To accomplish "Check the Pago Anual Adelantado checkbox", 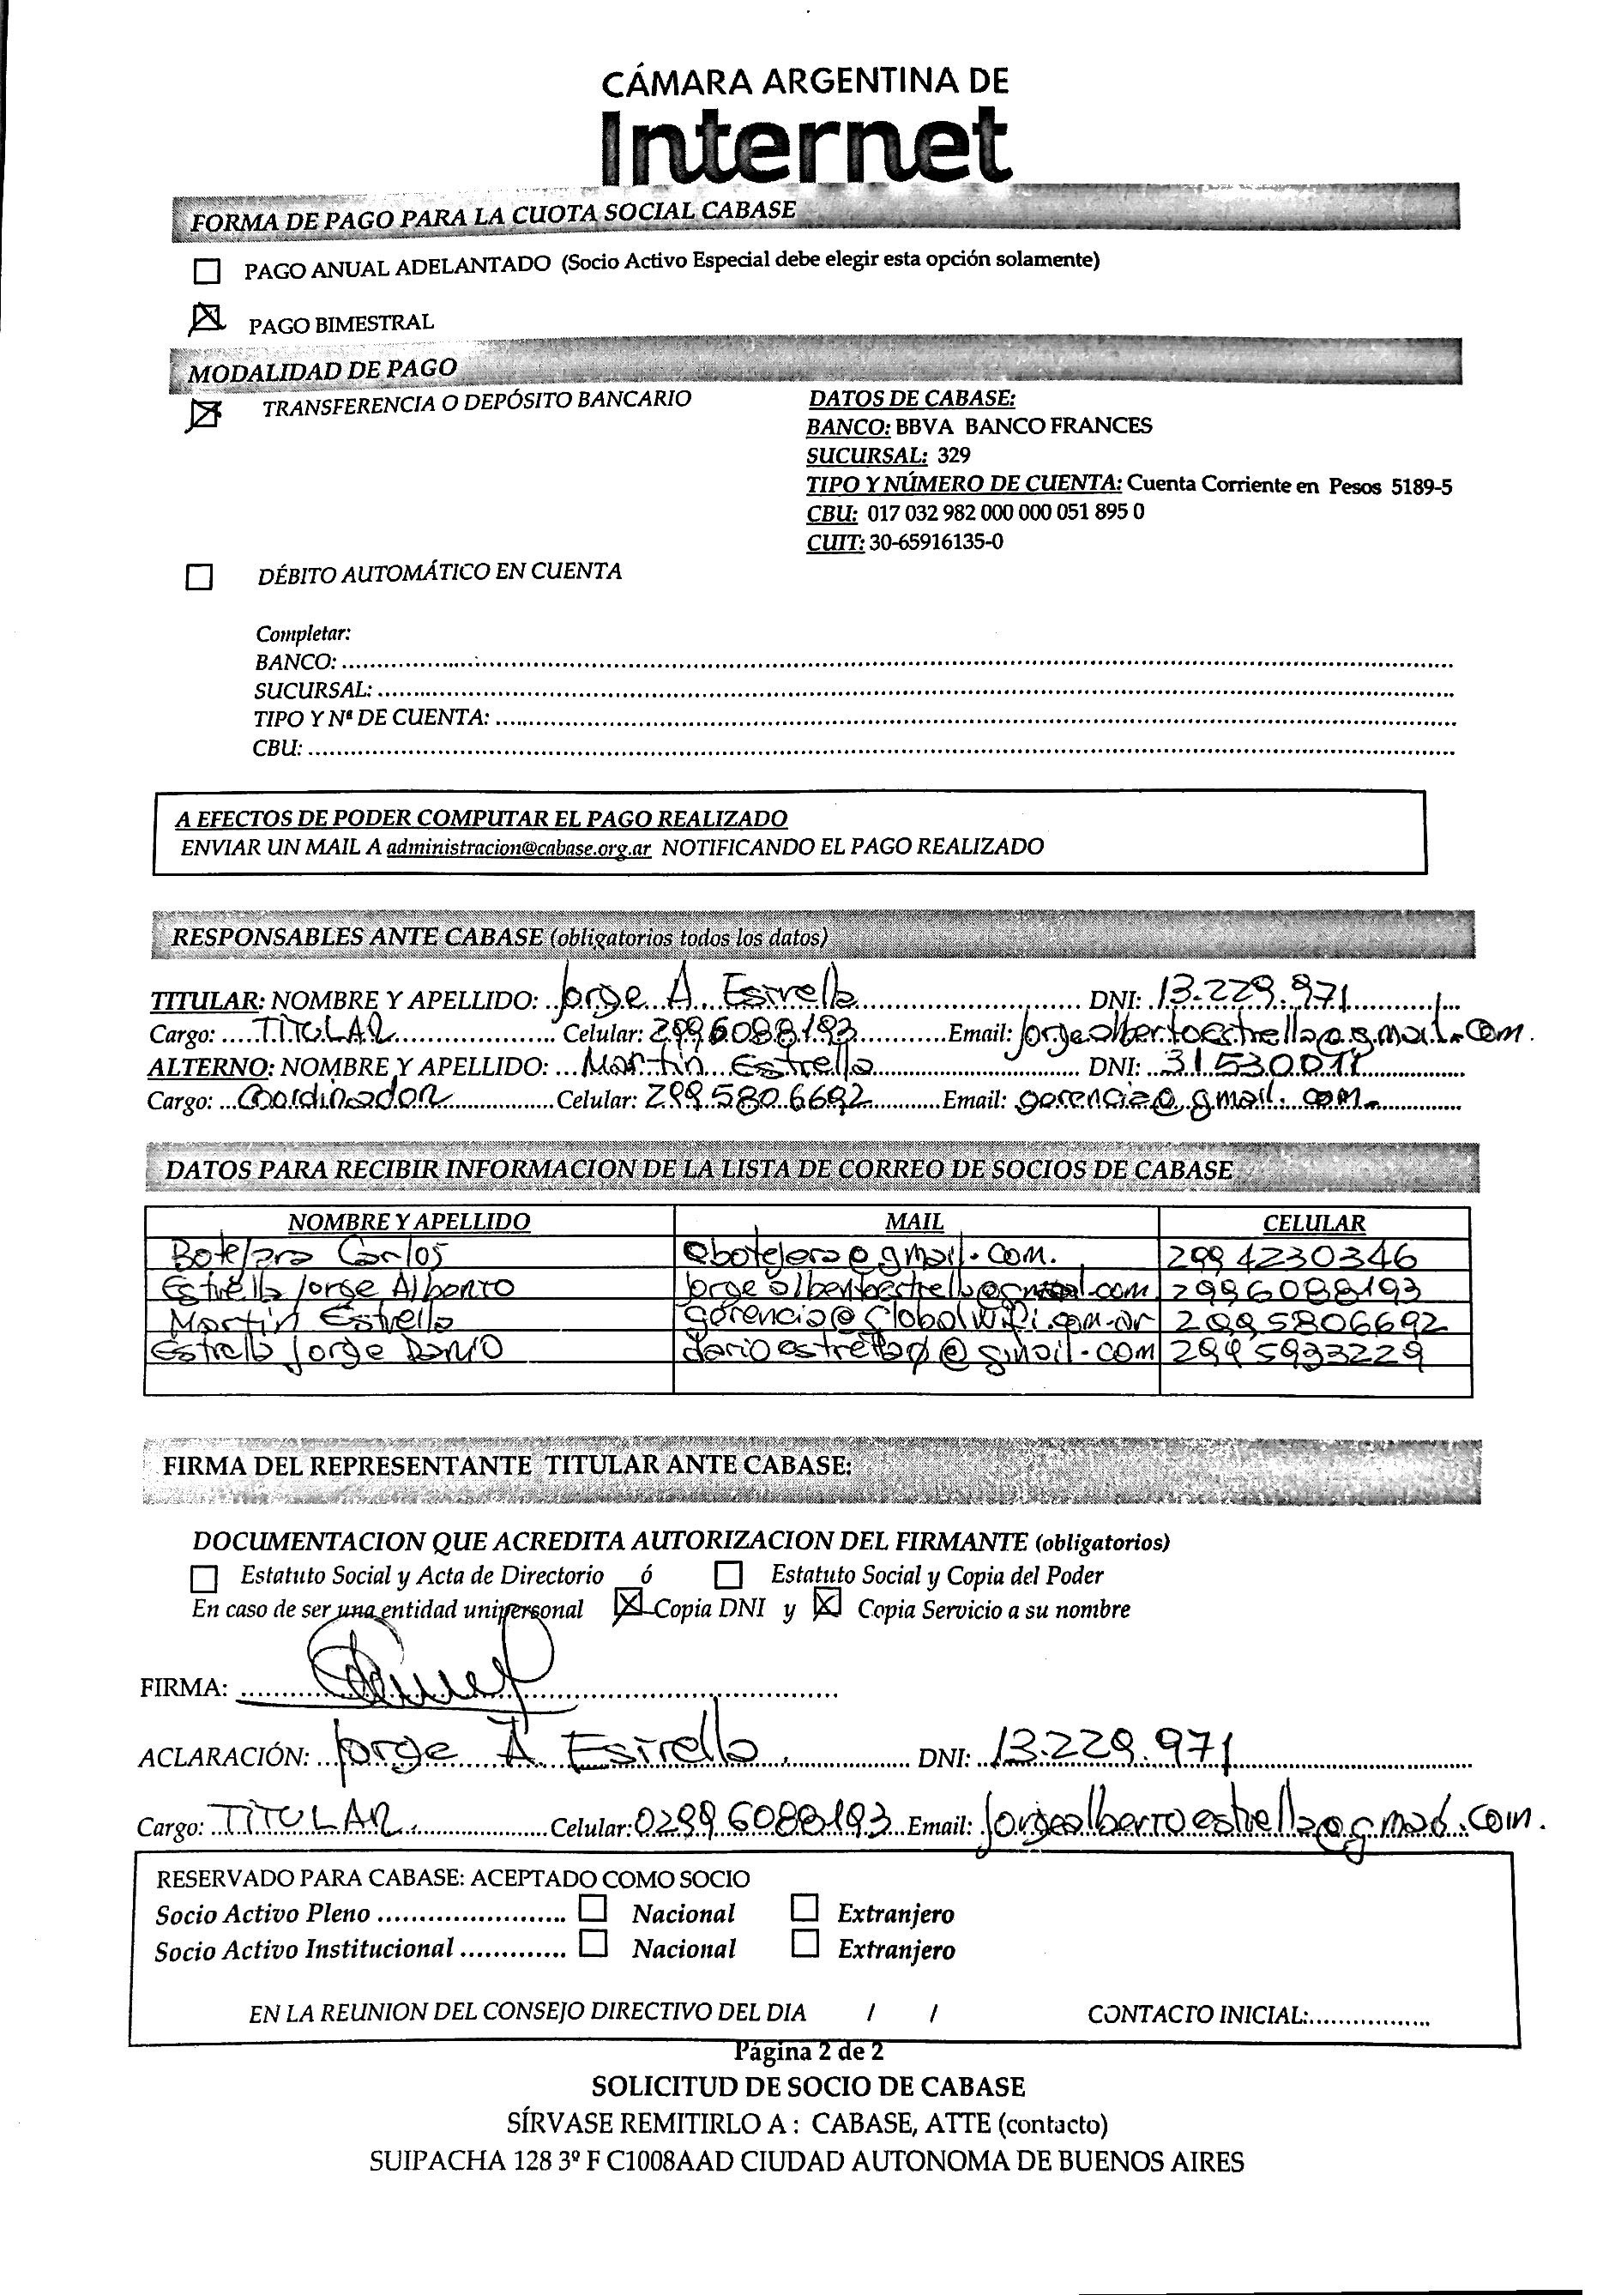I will [x=207, y=271].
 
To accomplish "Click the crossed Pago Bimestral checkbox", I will [x=207, y=317].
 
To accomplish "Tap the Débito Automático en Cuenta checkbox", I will [x=200, y=577].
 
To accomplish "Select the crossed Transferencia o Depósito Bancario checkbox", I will [x=205, y=414].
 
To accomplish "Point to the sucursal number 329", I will [x=955, y=456].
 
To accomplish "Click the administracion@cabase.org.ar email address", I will [x=519, y=848].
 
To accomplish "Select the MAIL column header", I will [x=913, y=1222].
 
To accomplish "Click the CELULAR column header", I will [x=1313, y=1223].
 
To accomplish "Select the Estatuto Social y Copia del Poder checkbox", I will [x=730, y=1575].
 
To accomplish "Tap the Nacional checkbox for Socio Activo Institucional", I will [x=594, y=1943].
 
